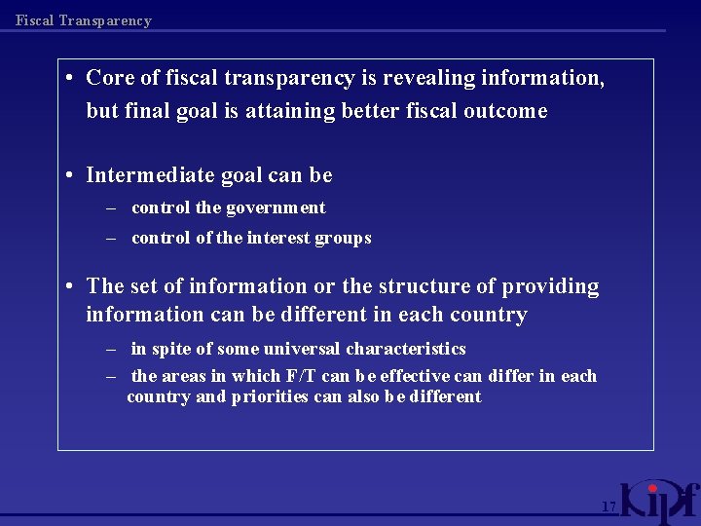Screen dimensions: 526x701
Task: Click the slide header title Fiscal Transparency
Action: [84, 20]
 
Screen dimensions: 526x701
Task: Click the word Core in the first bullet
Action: [109, 78]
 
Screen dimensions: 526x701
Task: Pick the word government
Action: [277, 207]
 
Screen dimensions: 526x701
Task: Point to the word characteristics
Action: [406, 349]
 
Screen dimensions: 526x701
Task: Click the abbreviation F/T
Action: [298, 376]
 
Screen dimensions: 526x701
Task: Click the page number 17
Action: [609, 507]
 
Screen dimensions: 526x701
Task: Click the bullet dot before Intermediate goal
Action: [72, 176]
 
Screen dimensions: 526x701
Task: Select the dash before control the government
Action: [111, 207]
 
